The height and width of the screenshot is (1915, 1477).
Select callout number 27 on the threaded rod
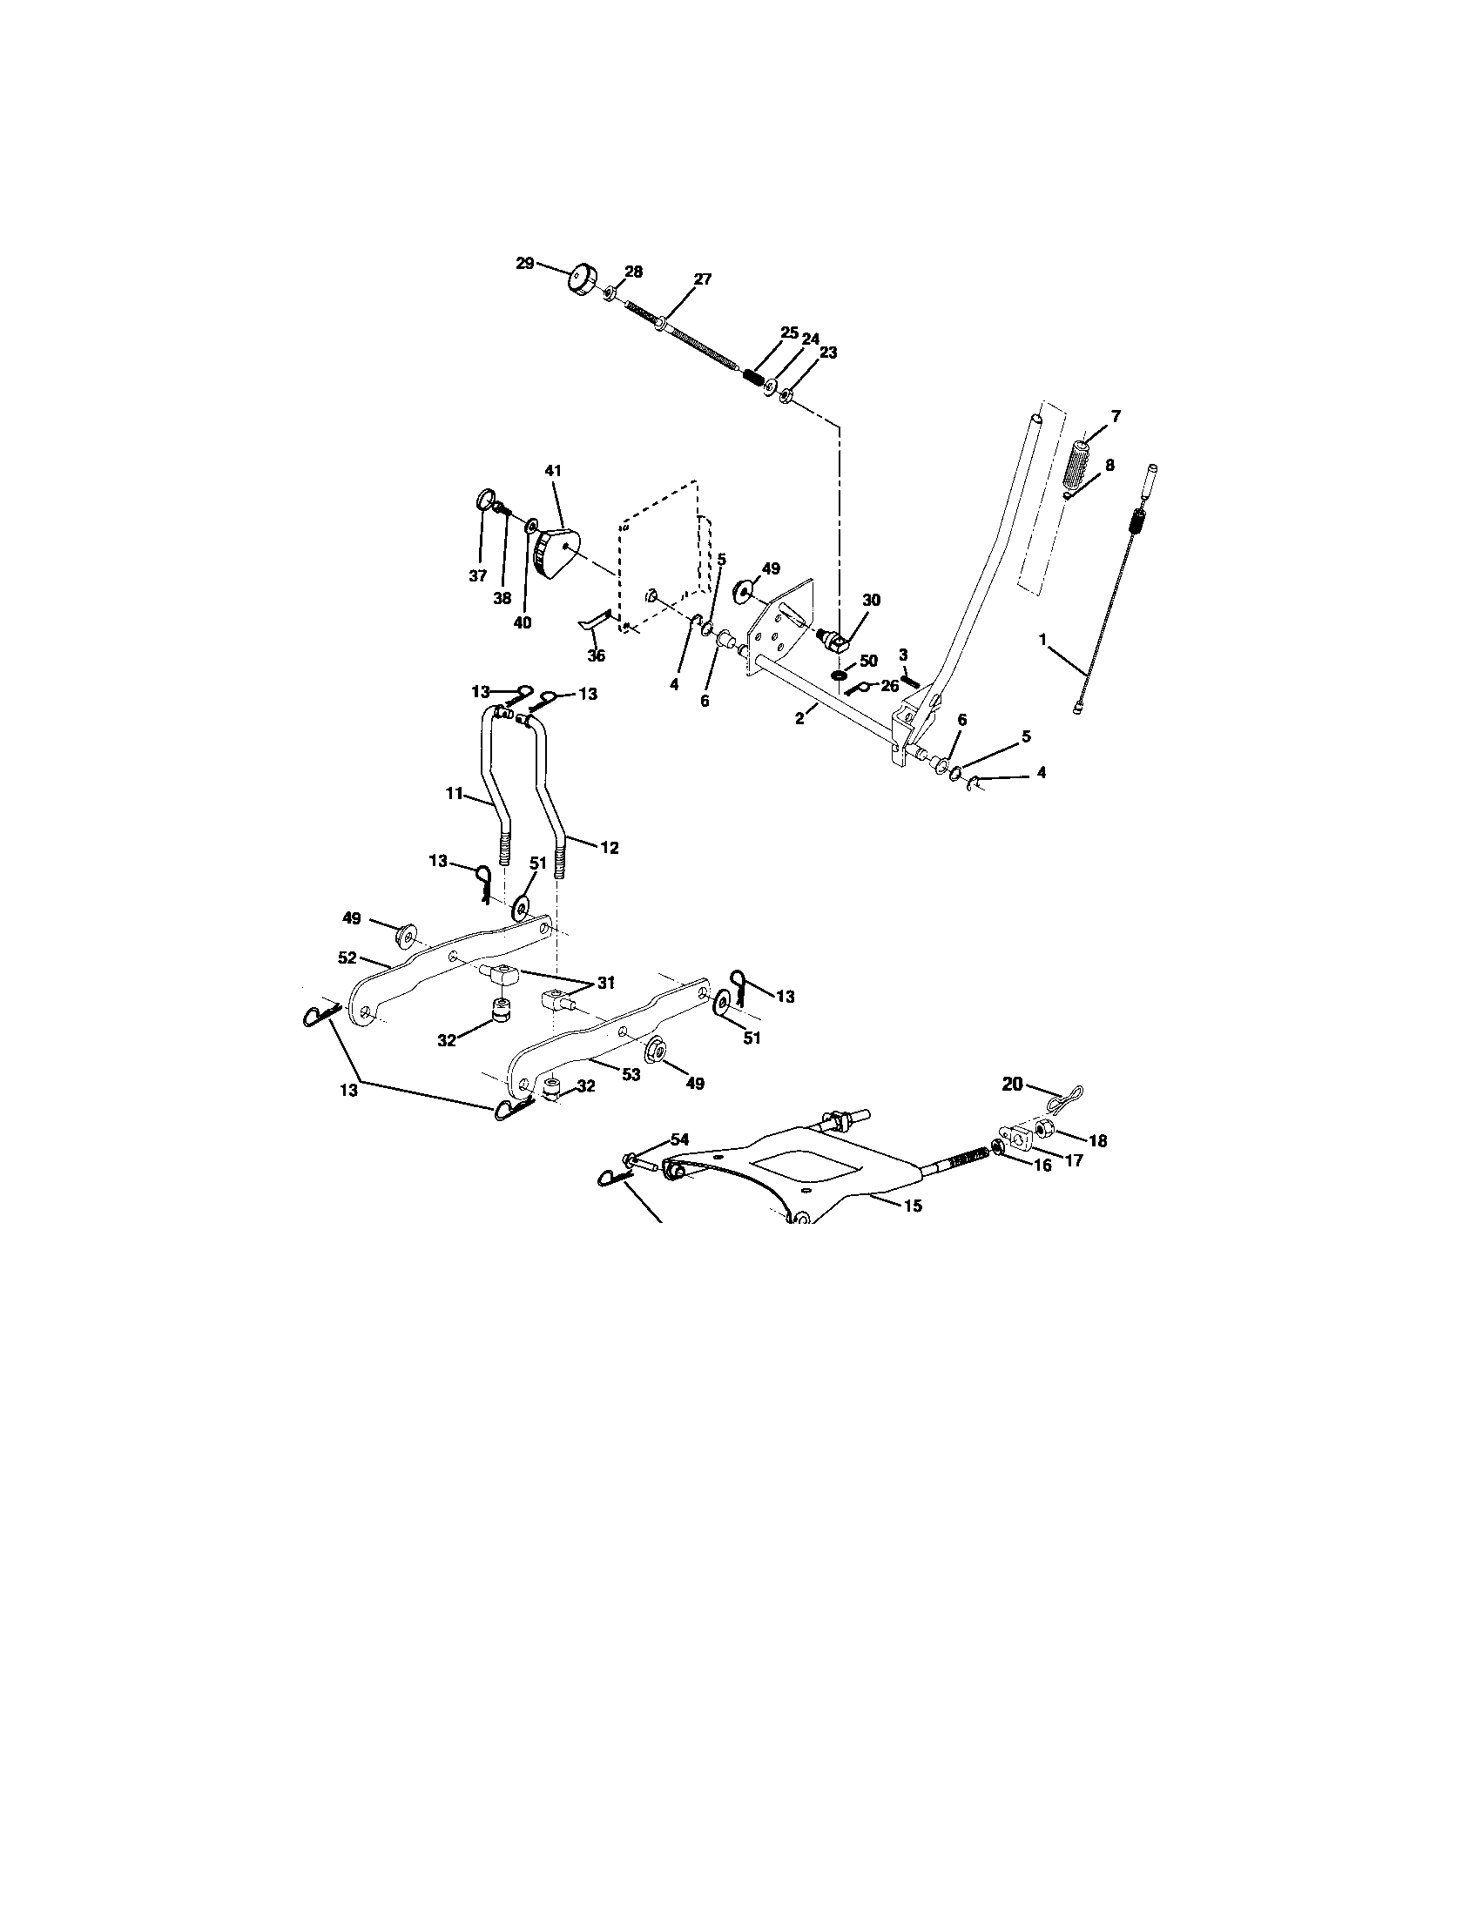(x=703, y=279)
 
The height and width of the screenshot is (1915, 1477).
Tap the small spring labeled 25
(x=752, y=376)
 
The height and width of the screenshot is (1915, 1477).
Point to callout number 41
(x=552, y=471)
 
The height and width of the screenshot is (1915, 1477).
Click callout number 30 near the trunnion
(x=871, y=600)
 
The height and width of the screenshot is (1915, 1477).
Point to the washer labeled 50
(x=838, y=676)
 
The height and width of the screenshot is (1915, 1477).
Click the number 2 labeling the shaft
(x=799, y=717)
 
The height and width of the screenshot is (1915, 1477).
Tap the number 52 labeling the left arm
(x=347, y=958)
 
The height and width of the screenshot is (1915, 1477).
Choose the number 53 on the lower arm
(x=631, y=1074)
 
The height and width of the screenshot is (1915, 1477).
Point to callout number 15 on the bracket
(x=912, y=1206)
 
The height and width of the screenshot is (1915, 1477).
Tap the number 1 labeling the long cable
(x=1042, y=640)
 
